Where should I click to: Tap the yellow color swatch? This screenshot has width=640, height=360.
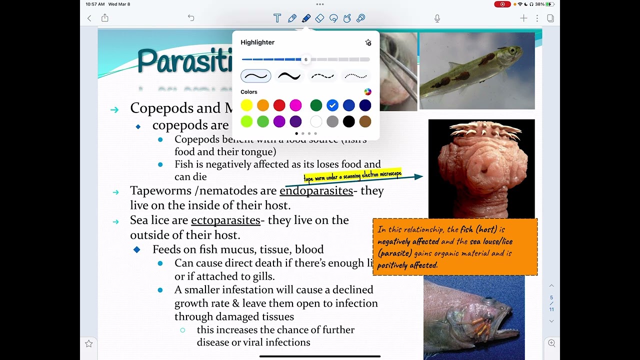tap(246, 105)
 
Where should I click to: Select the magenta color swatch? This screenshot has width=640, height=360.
tap(295, 105)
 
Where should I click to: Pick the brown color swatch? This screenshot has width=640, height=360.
tap(365, 121)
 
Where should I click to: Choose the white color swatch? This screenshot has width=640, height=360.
tap(316, 121)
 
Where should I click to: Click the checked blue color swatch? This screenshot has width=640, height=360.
tap(332, 105)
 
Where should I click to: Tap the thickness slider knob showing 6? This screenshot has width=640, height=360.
tap(306, 59)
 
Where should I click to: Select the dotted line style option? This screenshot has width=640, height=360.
tap(355, 76)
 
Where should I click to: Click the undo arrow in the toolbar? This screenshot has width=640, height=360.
tap(191, 18)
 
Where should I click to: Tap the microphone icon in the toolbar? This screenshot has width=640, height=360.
tap(437, 18)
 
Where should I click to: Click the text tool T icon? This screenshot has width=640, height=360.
tap(277, 18)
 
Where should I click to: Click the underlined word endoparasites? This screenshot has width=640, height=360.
tap(316, 190)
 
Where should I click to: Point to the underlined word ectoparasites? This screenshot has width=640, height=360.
tap(225, 220)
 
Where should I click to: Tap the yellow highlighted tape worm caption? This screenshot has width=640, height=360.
tap(352, 176)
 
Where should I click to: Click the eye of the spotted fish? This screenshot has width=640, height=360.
tap(512, 50)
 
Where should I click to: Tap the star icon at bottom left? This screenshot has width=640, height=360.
tap(89, 343)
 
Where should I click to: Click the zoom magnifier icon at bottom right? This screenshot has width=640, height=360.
tap(551, 343)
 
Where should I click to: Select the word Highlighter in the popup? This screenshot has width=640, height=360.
tap(257, 42)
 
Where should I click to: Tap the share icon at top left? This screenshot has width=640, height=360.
tap(105, 18)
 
